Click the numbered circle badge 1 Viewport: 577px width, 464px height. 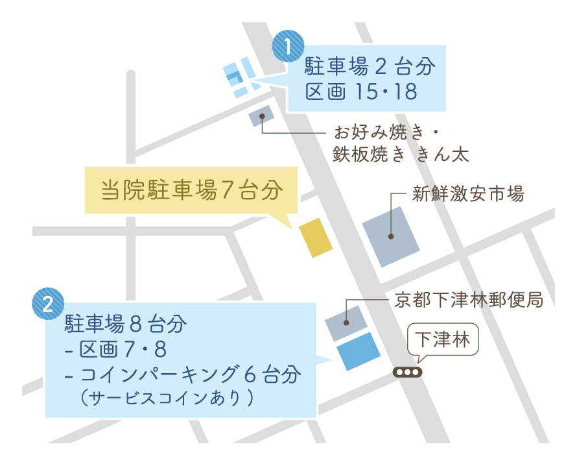click(289, 47)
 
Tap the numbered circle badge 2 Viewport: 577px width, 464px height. click(48, 304)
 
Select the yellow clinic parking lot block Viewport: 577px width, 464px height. click(316, 238)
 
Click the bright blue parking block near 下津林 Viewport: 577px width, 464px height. click(359, 352)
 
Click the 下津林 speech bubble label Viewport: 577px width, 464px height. click(442, 339)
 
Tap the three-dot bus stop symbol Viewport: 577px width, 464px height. click(408, 372)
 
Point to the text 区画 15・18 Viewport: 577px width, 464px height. click(361, 92)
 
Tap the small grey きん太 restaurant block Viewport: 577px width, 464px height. click(261, 117)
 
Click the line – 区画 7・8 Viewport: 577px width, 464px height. click(117, 350)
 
